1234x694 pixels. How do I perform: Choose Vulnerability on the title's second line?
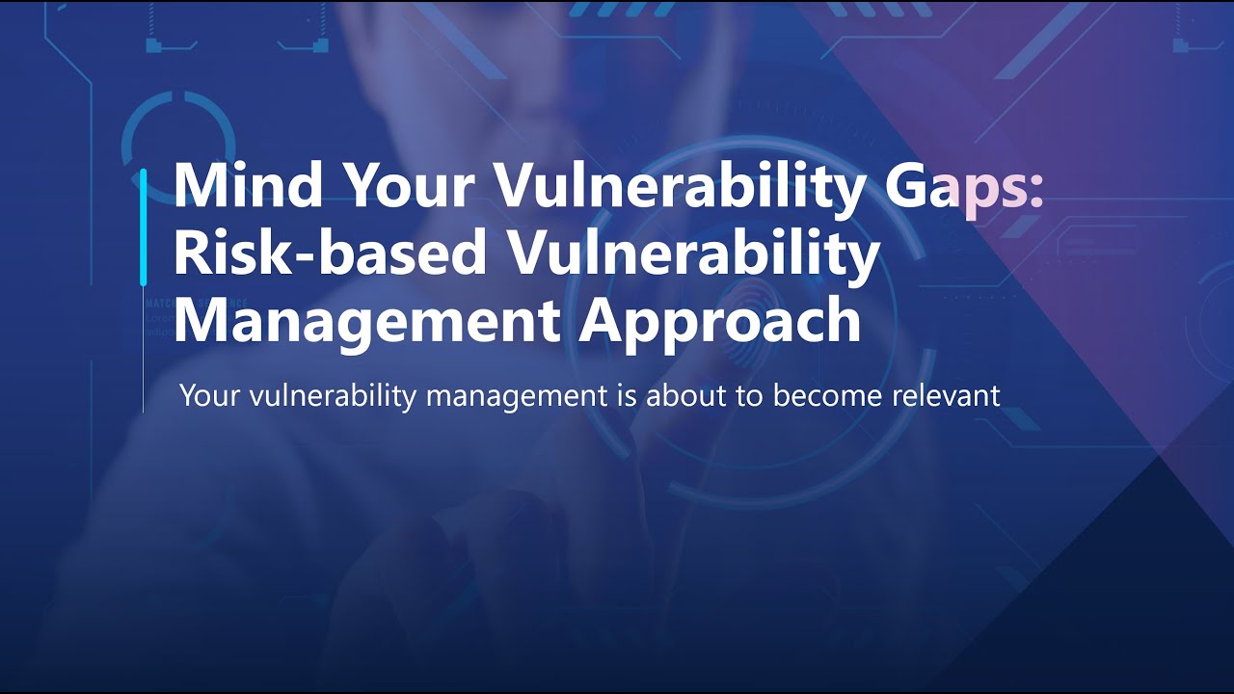[693, 254]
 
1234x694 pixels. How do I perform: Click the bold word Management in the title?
[367, 322]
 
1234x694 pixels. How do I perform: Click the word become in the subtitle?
[832, 395]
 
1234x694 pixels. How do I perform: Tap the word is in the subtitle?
[625, 395]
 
